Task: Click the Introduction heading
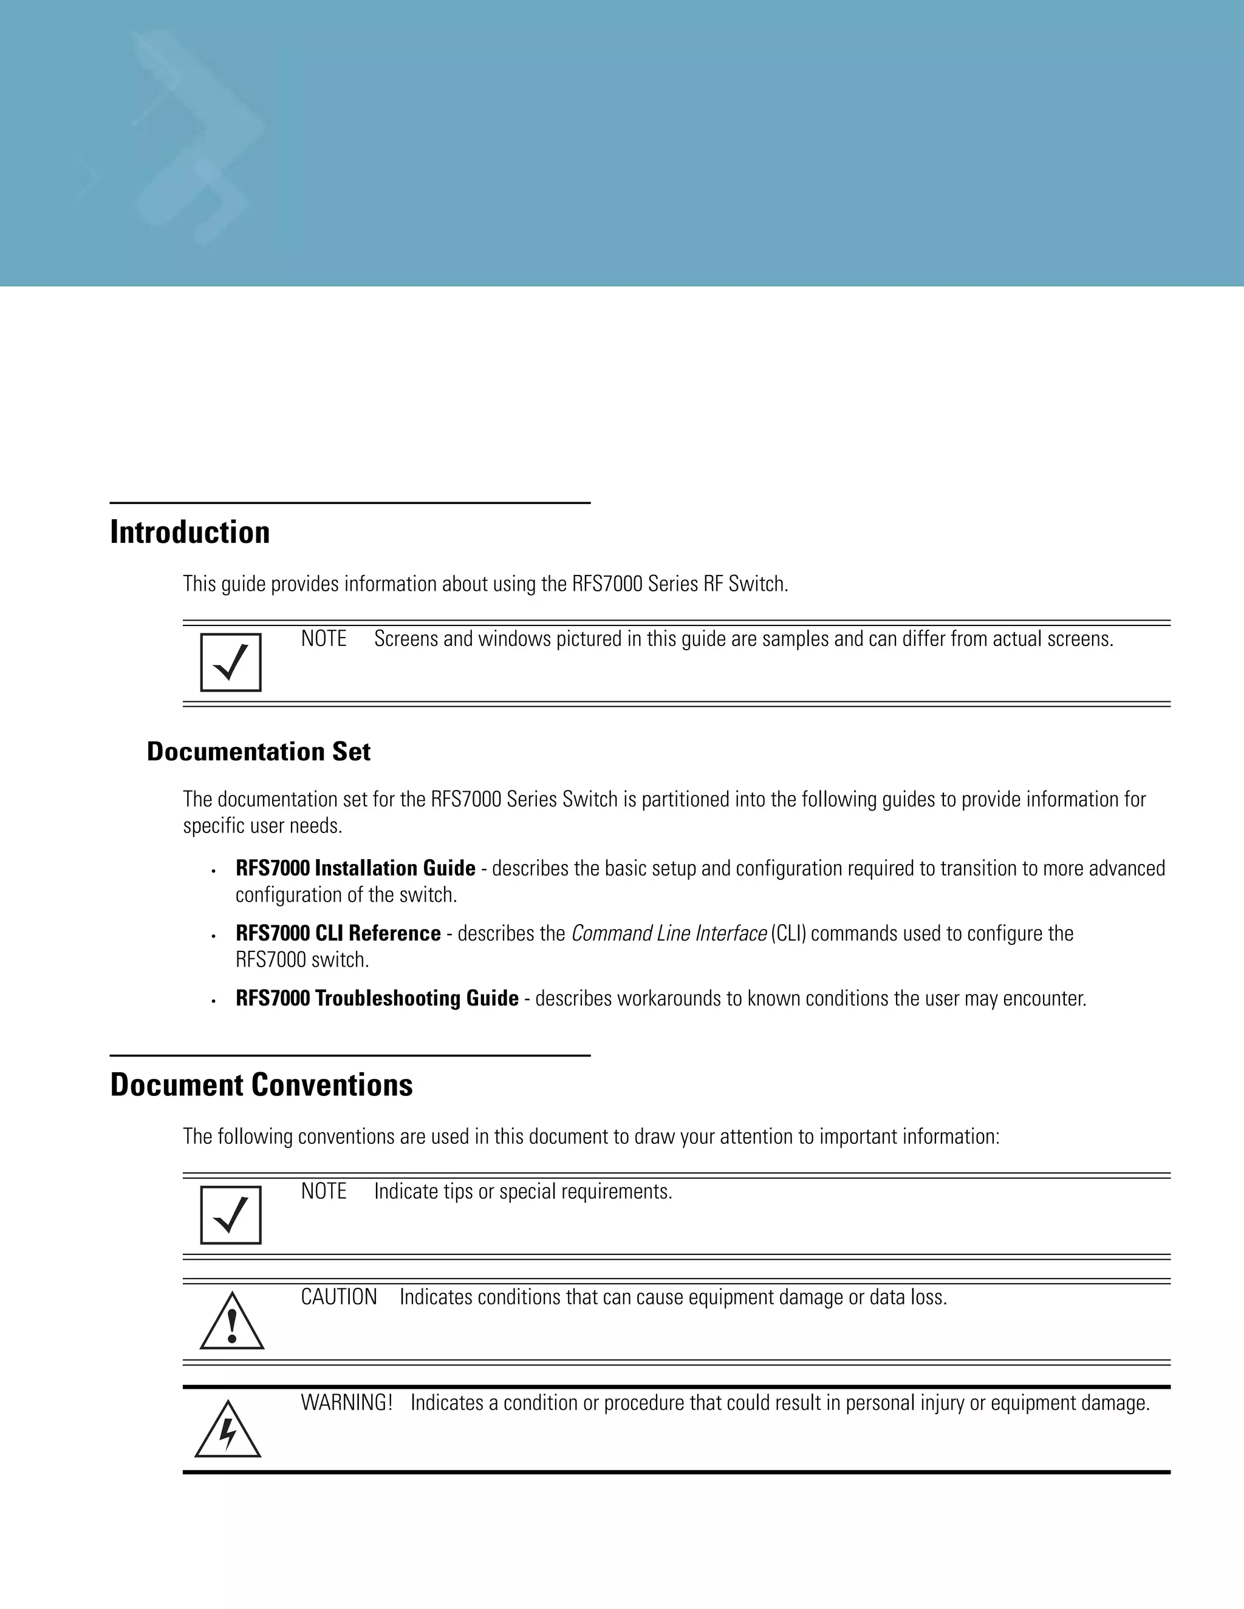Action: [x=190, y=532]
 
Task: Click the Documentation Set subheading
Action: [x=258, y=752]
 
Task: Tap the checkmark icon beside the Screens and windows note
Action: [x=231, y=662]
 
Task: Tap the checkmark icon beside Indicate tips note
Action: [x=231, y=1215]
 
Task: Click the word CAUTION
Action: [x=338, y=1298]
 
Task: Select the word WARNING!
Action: [x=346, y=1403]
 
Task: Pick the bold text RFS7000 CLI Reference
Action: [x=338, y=933]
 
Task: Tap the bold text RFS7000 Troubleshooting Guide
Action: [x=377, y=998]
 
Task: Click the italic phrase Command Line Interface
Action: [x=668, y=933]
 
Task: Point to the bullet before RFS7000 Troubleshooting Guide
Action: [x=213, y=1001]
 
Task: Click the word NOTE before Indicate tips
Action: [x=324, y=1191]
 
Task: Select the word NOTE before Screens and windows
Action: [x=324, y=639]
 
